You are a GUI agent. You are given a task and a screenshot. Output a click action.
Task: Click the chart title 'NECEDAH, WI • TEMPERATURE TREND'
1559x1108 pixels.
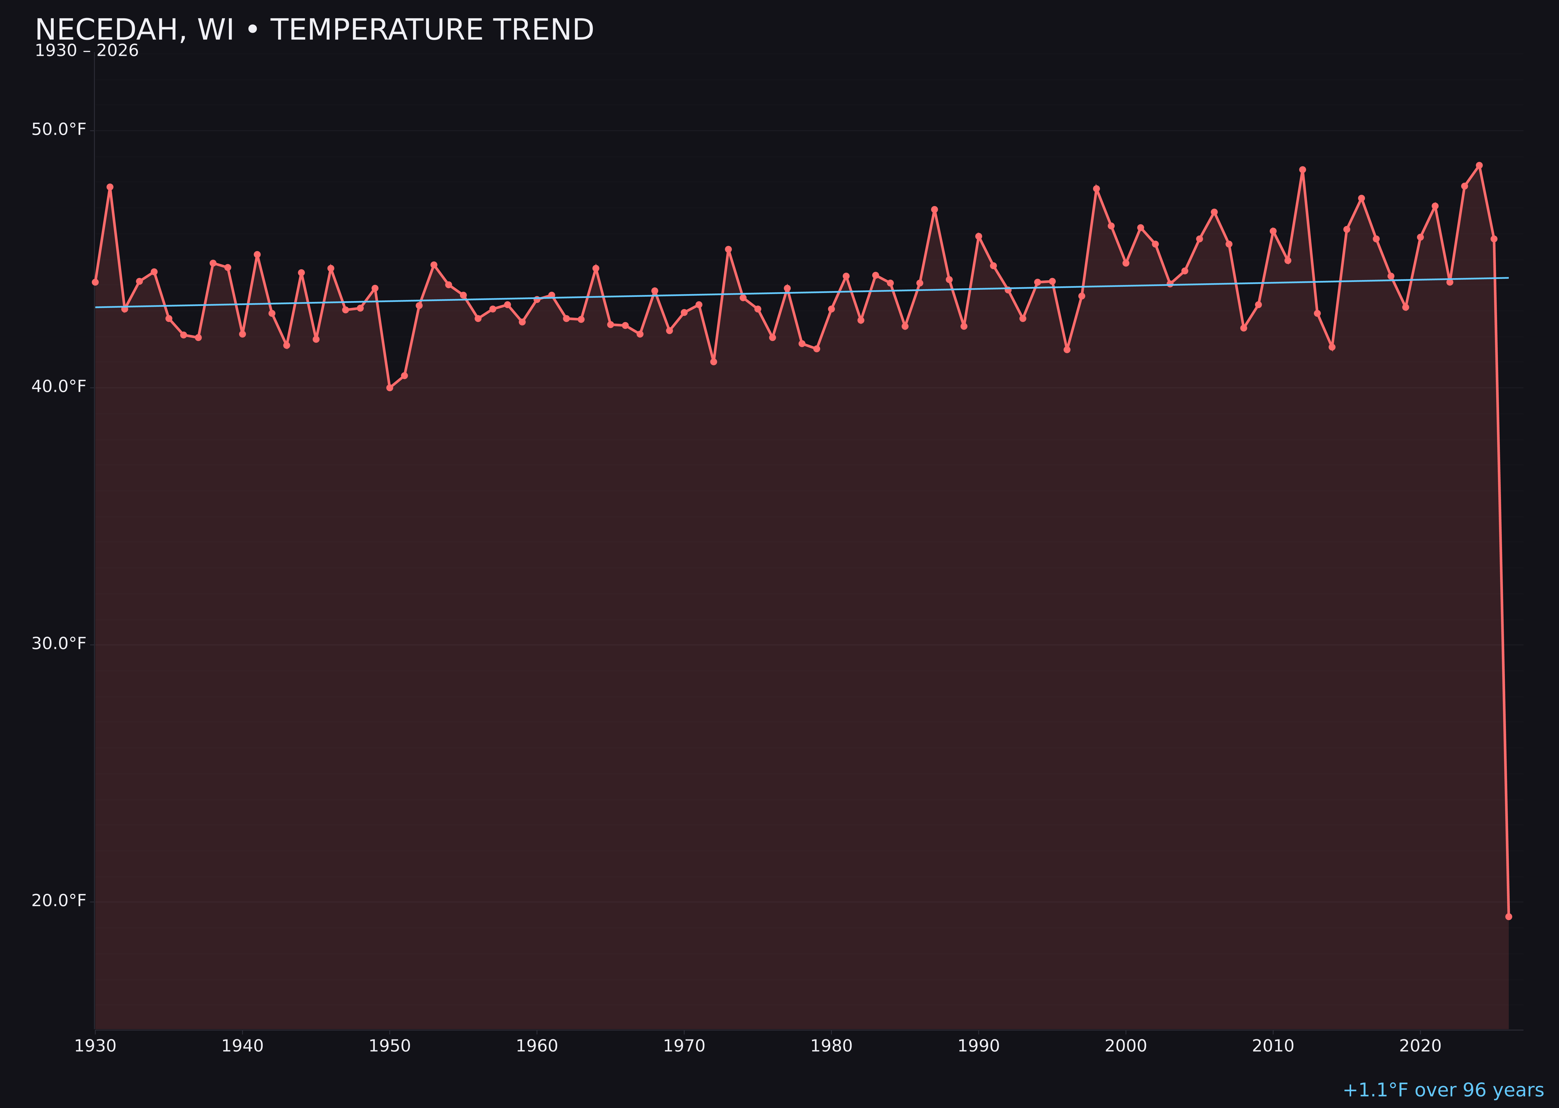[314, 30]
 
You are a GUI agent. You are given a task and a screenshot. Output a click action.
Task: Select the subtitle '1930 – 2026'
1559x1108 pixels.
[87, 51]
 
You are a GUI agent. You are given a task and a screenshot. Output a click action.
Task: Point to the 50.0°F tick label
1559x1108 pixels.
[59, 130]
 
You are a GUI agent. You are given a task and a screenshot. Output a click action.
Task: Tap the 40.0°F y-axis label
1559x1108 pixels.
[59, 387]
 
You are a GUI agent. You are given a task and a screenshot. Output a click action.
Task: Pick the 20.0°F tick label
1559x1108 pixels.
[59, 901]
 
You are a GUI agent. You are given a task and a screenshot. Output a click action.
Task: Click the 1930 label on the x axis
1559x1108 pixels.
[95, 1046]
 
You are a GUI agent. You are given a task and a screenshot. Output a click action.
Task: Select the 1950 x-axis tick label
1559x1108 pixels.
[390, 1046]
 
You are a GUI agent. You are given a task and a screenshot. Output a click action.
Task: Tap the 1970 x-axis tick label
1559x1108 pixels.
[684, 1046]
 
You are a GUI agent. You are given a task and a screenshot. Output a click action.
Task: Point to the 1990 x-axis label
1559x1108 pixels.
[978, 1046]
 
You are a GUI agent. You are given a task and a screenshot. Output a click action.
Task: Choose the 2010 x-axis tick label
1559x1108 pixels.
[1273, 1046]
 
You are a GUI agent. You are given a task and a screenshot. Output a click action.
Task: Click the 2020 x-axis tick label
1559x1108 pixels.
[1420, 1046]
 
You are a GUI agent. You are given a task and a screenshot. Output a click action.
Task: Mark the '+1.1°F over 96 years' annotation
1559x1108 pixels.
[1443, 1090]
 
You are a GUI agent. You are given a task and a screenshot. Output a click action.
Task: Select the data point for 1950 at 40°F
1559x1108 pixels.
[390, 388]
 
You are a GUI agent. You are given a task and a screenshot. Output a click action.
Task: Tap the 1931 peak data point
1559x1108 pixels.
[110, 187]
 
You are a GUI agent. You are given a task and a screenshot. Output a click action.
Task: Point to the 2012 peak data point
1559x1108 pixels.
[1303, 170]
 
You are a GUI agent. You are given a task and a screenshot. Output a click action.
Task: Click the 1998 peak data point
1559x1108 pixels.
[1096, 189]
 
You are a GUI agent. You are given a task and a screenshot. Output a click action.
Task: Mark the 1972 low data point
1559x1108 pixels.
[713, 362]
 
